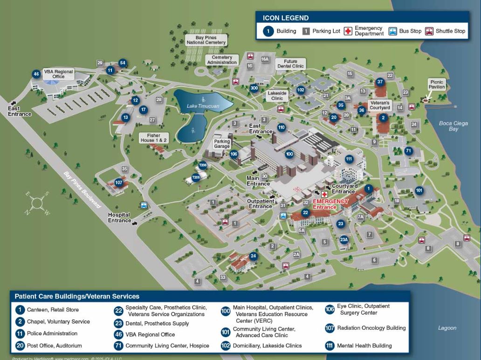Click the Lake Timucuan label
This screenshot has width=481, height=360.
(203, 106)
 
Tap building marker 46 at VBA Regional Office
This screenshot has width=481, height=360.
(36, 74)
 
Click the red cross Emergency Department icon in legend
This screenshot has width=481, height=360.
(348, 31)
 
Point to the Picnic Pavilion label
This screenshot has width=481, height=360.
(437, 84)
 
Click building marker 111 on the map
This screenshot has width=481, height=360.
(349, 159)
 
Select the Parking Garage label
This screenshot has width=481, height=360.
(222, 144)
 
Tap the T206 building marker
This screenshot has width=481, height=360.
(203, 165)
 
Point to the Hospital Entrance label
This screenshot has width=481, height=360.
(119, 217)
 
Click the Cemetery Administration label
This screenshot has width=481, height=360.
(222, 60)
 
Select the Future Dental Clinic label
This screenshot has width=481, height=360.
(290, 63)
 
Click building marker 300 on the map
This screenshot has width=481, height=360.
(254, 88)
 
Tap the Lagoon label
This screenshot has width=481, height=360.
(447, 328)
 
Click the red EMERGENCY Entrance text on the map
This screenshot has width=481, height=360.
(330, 204)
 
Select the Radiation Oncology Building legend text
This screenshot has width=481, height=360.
(371, 328)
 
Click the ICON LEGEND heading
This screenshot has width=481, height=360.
(286, 18)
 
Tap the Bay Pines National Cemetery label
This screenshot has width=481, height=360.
(206, 40)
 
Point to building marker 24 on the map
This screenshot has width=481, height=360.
(253, 256)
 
